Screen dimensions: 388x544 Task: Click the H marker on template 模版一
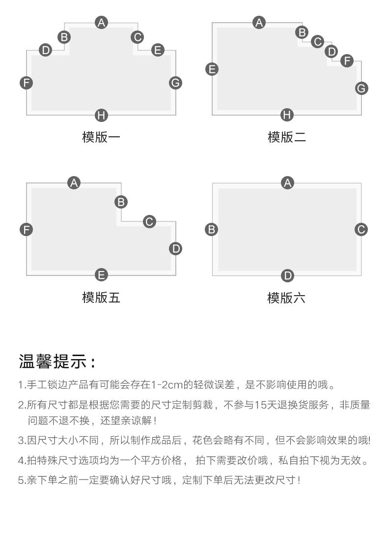101,115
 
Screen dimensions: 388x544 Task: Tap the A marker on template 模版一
101,23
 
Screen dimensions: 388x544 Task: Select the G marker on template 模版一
176,83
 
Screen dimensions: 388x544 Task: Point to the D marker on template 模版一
45,50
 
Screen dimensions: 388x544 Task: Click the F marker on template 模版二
347,60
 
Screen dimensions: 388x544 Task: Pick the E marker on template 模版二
212,69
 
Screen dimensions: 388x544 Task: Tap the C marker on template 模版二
317,42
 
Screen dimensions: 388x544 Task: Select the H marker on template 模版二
287,115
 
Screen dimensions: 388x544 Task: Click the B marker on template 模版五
121,202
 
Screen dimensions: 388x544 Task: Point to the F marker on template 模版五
27,230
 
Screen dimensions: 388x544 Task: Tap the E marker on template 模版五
101,275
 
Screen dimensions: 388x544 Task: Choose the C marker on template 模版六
361,229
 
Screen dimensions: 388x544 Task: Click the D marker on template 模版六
287,276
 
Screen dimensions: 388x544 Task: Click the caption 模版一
101,137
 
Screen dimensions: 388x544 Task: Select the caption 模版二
287,137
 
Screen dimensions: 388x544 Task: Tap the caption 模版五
101,298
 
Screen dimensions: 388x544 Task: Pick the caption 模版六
286,298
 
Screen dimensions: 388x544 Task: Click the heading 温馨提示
53,362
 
